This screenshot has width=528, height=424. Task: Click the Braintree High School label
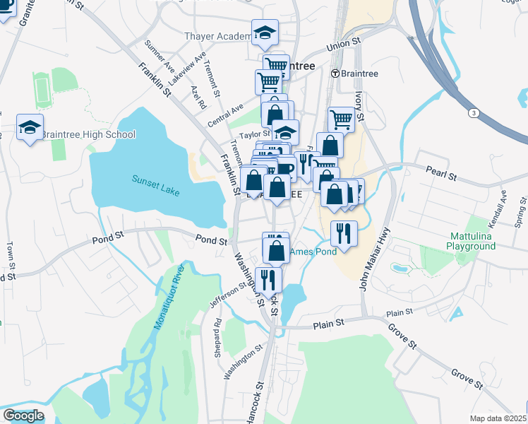88,135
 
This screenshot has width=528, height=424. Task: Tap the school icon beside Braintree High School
30,128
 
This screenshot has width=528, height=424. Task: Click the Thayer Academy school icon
265,33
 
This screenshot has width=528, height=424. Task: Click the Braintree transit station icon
334,73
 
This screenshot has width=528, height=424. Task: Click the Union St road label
343,47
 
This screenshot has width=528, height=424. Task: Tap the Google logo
23,416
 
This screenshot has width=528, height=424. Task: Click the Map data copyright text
498,418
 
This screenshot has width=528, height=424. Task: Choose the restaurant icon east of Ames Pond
344,234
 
